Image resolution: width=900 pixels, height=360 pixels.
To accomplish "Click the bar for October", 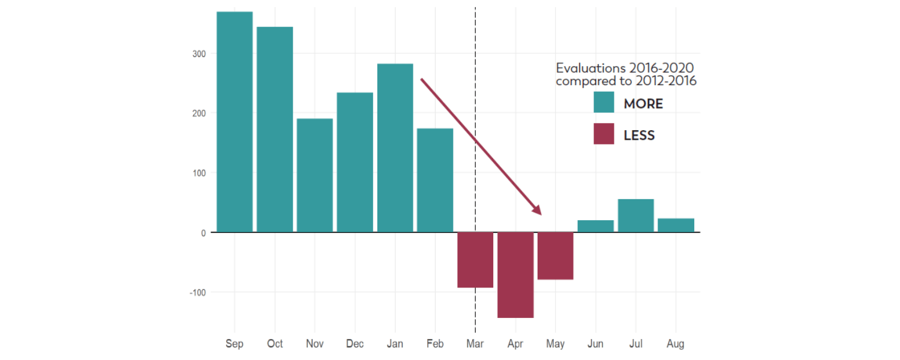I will (x=275, y=130).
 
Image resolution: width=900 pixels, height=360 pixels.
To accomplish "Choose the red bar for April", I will (x=515, y=275).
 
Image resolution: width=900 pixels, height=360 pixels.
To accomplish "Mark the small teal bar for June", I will (x=595, y=226).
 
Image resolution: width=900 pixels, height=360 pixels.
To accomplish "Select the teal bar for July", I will (x=635, y=215).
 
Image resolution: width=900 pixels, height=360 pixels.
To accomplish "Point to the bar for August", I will (x=676, y=225).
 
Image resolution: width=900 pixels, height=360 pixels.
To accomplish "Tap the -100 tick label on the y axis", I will (x=197, y=292).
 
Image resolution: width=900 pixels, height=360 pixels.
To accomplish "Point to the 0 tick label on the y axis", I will (x=203, y=233).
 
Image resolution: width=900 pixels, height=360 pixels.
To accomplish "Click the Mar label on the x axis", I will (x=475, y=344).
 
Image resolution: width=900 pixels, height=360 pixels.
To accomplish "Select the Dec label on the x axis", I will (x=355, y=344).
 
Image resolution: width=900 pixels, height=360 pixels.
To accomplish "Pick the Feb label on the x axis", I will (x=435, y=344).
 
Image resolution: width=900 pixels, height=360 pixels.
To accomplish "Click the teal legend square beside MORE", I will (x=604, y=102).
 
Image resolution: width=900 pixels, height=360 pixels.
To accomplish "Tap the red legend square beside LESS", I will (x=604, y=134).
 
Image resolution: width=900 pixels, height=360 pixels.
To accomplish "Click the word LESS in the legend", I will (x=639, y=136).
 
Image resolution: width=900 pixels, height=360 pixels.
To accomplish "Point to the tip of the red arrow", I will (x=541, y=214).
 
